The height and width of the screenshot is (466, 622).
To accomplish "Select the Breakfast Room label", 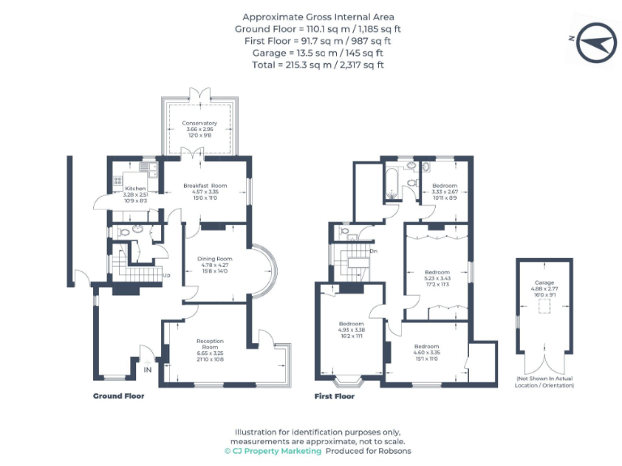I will click(x=204, y=185).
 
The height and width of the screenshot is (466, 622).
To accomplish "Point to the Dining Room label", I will click(x=215, y=258).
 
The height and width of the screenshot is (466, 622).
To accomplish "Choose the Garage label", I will click(x=543, y=282).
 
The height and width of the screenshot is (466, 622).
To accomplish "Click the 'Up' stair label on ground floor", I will click(x=166, y=276).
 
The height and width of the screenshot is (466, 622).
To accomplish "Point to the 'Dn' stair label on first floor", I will click(x=373, y=251).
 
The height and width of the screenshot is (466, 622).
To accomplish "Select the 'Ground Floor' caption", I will click(x=118, y=396).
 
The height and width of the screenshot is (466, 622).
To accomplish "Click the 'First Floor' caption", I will click(x=334, y=396).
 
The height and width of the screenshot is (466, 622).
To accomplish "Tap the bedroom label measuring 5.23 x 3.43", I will click(x=438, y=272).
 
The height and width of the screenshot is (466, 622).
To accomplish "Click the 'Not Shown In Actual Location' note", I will click(x=543, y=382).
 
